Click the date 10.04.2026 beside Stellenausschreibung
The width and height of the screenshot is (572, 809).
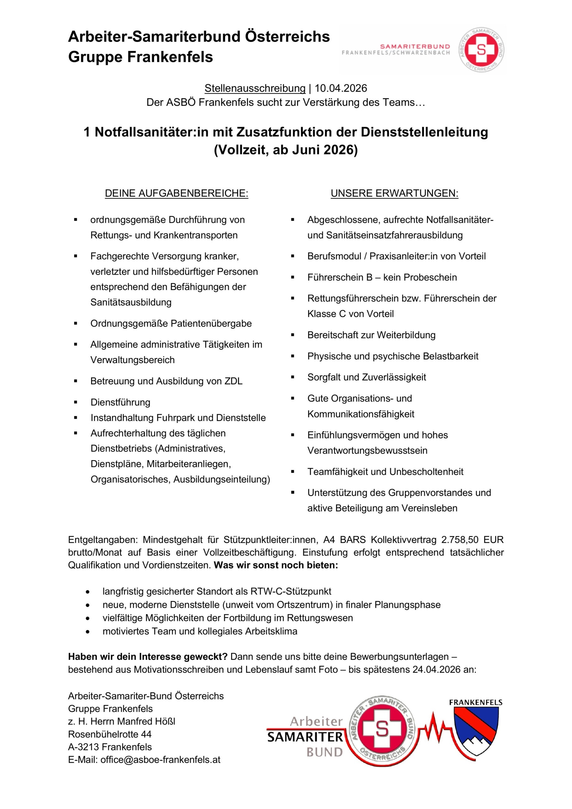(x=341, y=88)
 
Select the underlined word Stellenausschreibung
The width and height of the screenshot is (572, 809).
(x=255, y=88)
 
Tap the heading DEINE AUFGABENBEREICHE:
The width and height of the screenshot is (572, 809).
(x=177, y=193)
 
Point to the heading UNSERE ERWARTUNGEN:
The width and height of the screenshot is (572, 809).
(x=394, y=193)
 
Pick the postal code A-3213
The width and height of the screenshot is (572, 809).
(x=83, y=747)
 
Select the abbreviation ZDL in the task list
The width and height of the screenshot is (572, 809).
(x=233, y=381)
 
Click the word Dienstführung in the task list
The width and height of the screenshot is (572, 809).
(x=120, y=402)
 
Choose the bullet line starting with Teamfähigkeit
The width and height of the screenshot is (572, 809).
(x=385, y=472)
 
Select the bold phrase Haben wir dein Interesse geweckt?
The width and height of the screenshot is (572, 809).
(x=148, y=657)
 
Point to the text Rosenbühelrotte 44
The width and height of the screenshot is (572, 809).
(x=110, y=734)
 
